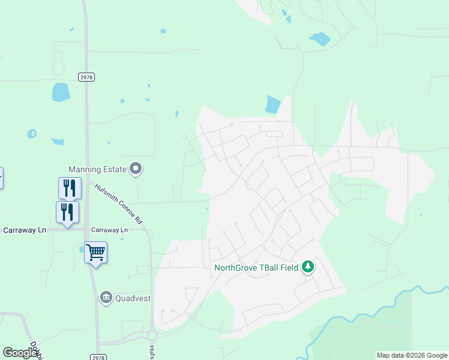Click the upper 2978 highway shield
click(x=86, y=77)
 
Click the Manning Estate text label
click(x=97, y=169)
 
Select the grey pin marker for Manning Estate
click(x=136, y=169)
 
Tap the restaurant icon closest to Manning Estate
click(x=70, y=188)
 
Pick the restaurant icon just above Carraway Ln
click(x=67, y=212)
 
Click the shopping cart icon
click(x=95, y=252)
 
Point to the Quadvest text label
click(x=134, y=297)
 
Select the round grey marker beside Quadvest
click(x=106, y=297)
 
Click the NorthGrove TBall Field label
click(x=256, y=268)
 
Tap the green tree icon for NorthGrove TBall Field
click(x=308, y=266)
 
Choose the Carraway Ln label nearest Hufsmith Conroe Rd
click(x=109, y=230)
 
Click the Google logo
click(x=20, y=353)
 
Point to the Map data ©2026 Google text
click(x=412, y=355)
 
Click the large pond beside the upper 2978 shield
click(x=61, y=92)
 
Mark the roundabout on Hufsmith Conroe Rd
click(x=152, y=336)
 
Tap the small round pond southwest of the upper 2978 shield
click(x=32, y=133)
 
